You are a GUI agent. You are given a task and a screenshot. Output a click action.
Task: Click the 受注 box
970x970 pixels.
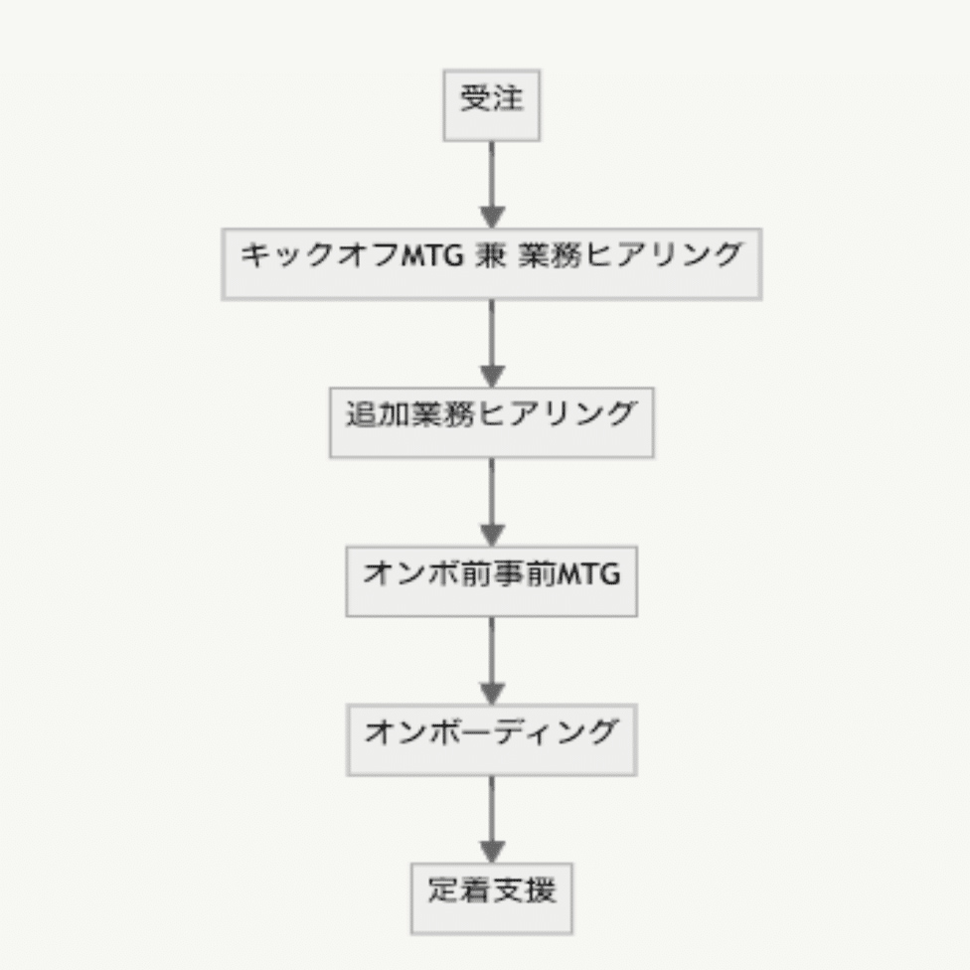pyautogui.click(x=492, y=105)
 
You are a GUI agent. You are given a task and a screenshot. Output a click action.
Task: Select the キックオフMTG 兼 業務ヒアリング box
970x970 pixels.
pyautogui.click(x=492, y=264)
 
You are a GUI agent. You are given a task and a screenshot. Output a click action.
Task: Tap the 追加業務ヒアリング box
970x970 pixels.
pyautogui.click(x=492, y=422)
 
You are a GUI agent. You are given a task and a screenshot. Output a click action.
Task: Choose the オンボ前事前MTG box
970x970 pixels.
pyautogui.click(x=492, y=580)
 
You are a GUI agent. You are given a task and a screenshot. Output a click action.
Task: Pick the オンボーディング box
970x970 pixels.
pyautogui.click(x=492, y=739)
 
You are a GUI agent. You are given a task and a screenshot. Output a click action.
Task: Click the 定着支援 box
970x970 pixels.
pyautogui.click(x=492, y=898)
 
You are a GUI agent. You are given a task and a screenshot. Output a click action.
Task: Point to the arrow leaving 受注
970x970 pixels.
pyautogui.click(x=492, y=185)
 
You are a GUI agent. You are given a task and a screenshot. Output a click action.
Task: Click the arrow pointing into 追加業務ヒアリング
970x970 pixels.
pyautogui.click(x=492, y=344)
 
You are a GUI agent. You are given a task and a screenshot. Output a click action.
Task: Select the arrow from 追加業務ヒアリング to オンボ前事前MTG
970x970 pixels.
pyautogui.click(x=492, y=502)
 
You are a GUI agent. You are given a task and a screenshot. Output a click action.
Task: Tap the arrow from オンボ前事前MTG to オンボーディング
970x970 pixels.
pyautogui.click(x=492, y=661)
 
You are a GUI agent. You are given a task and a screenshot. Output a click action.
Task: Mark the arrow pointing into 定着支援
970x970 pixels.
pyautogui.click(x=492, y=820)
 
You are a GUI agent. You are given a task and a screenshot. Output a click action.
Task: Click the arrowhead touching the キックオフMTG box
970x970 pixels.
pyautogui.click(x=492, y=218)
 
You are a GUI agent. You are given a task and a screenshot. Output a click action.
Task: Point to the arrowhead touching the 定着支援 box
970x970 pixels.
pyautogui.click(x=492, y=853)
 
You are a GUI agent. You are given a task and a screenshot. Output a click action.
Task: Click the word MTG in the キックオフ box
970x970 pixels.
pyautogui.click(x=432, y=255)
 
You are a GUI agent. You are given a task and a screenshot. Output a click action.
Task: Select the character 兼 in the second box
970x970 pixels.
pyautogui.click(x=491, y=255)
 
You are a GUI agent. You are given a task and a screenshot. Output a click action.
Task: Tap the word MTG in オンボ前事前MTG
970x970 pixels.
pyautogui.click(x=589, y=574)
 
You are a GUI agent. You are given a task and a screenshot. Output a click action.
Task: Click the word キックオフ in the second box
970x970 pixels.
pyautogui.click(x=320, y=255)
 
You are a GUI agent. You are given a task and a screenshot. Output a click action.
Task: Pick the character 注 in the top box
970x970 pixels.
pyautogui.click(x=508, y=97)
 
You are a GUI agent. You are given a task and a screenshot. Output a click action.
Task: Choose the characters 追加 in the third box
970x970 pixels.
pyautogui.click(x=378, y=414)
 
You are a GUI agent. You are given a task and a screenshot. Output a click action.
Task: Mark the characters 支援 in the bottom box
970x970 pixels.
pyautogui.click(x=525, y=890)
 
